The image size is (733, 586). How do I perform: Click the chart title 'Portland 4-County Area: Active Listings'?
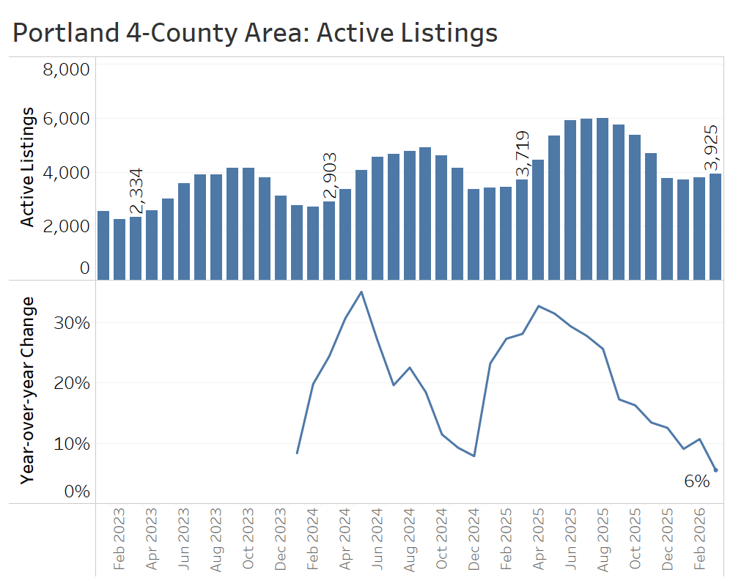pos(255,33)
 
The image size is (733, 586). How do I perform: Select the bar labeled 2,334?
pos(136,248)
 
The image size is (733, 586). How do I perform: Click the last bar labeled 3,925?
pos(715,226)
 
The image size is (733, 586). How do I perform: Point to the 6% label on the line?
pos(696,481)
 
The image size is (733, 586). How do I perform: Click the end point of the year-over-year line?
pos(715,470)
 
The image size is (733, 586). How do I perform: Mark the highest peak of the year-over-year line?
pos(361,292)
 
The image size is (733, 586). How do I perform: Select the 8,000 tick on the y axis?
pos(66,70)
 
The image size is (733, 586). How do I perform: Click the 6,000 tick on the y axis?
pos(66,119)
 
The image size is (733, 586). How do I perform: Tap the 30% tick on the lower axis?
pos(72,323)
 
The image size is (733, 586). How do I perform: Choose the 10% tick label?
pos(72,444)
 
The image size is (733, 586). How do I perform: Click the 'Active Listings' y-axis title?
pos(28,167)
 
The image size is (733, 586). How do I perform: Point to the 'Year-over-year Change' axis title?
pos(28,390)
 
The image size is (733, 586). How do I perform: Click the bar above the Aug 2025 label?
pos(603,199)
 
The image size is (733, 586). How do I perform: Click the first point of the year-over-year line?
pos(297,453)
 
